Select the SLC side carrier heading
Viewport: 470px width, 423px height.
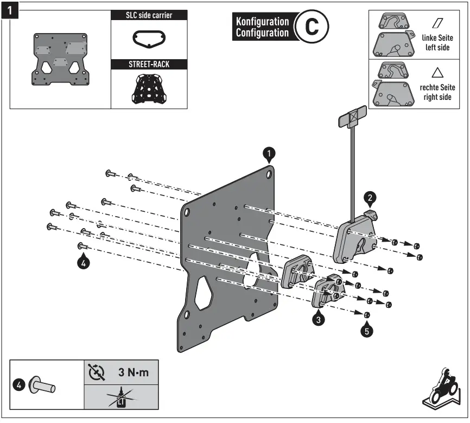(x=149, y=16)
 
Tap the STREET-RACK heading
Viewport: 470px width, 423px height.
(x=149, y=64)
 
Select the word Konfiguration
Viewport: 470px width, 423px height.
(x=262, y=22)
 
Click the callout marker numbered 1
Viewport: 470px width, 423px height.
(x=270, y=154)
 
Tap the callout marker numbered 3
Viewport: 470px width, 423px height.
(x=319, y=319)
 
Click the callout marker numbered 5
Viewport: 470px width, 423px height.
(x=367, y=330)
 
